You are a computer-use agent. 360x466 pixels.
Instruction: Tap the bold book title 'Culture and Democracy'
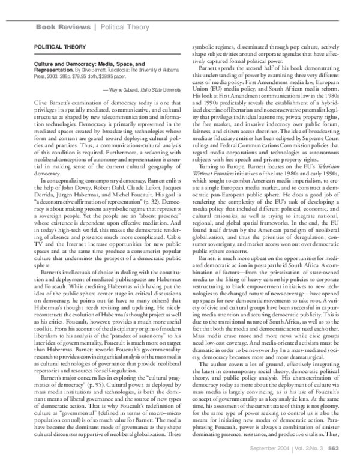click(x=62, y=62)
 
